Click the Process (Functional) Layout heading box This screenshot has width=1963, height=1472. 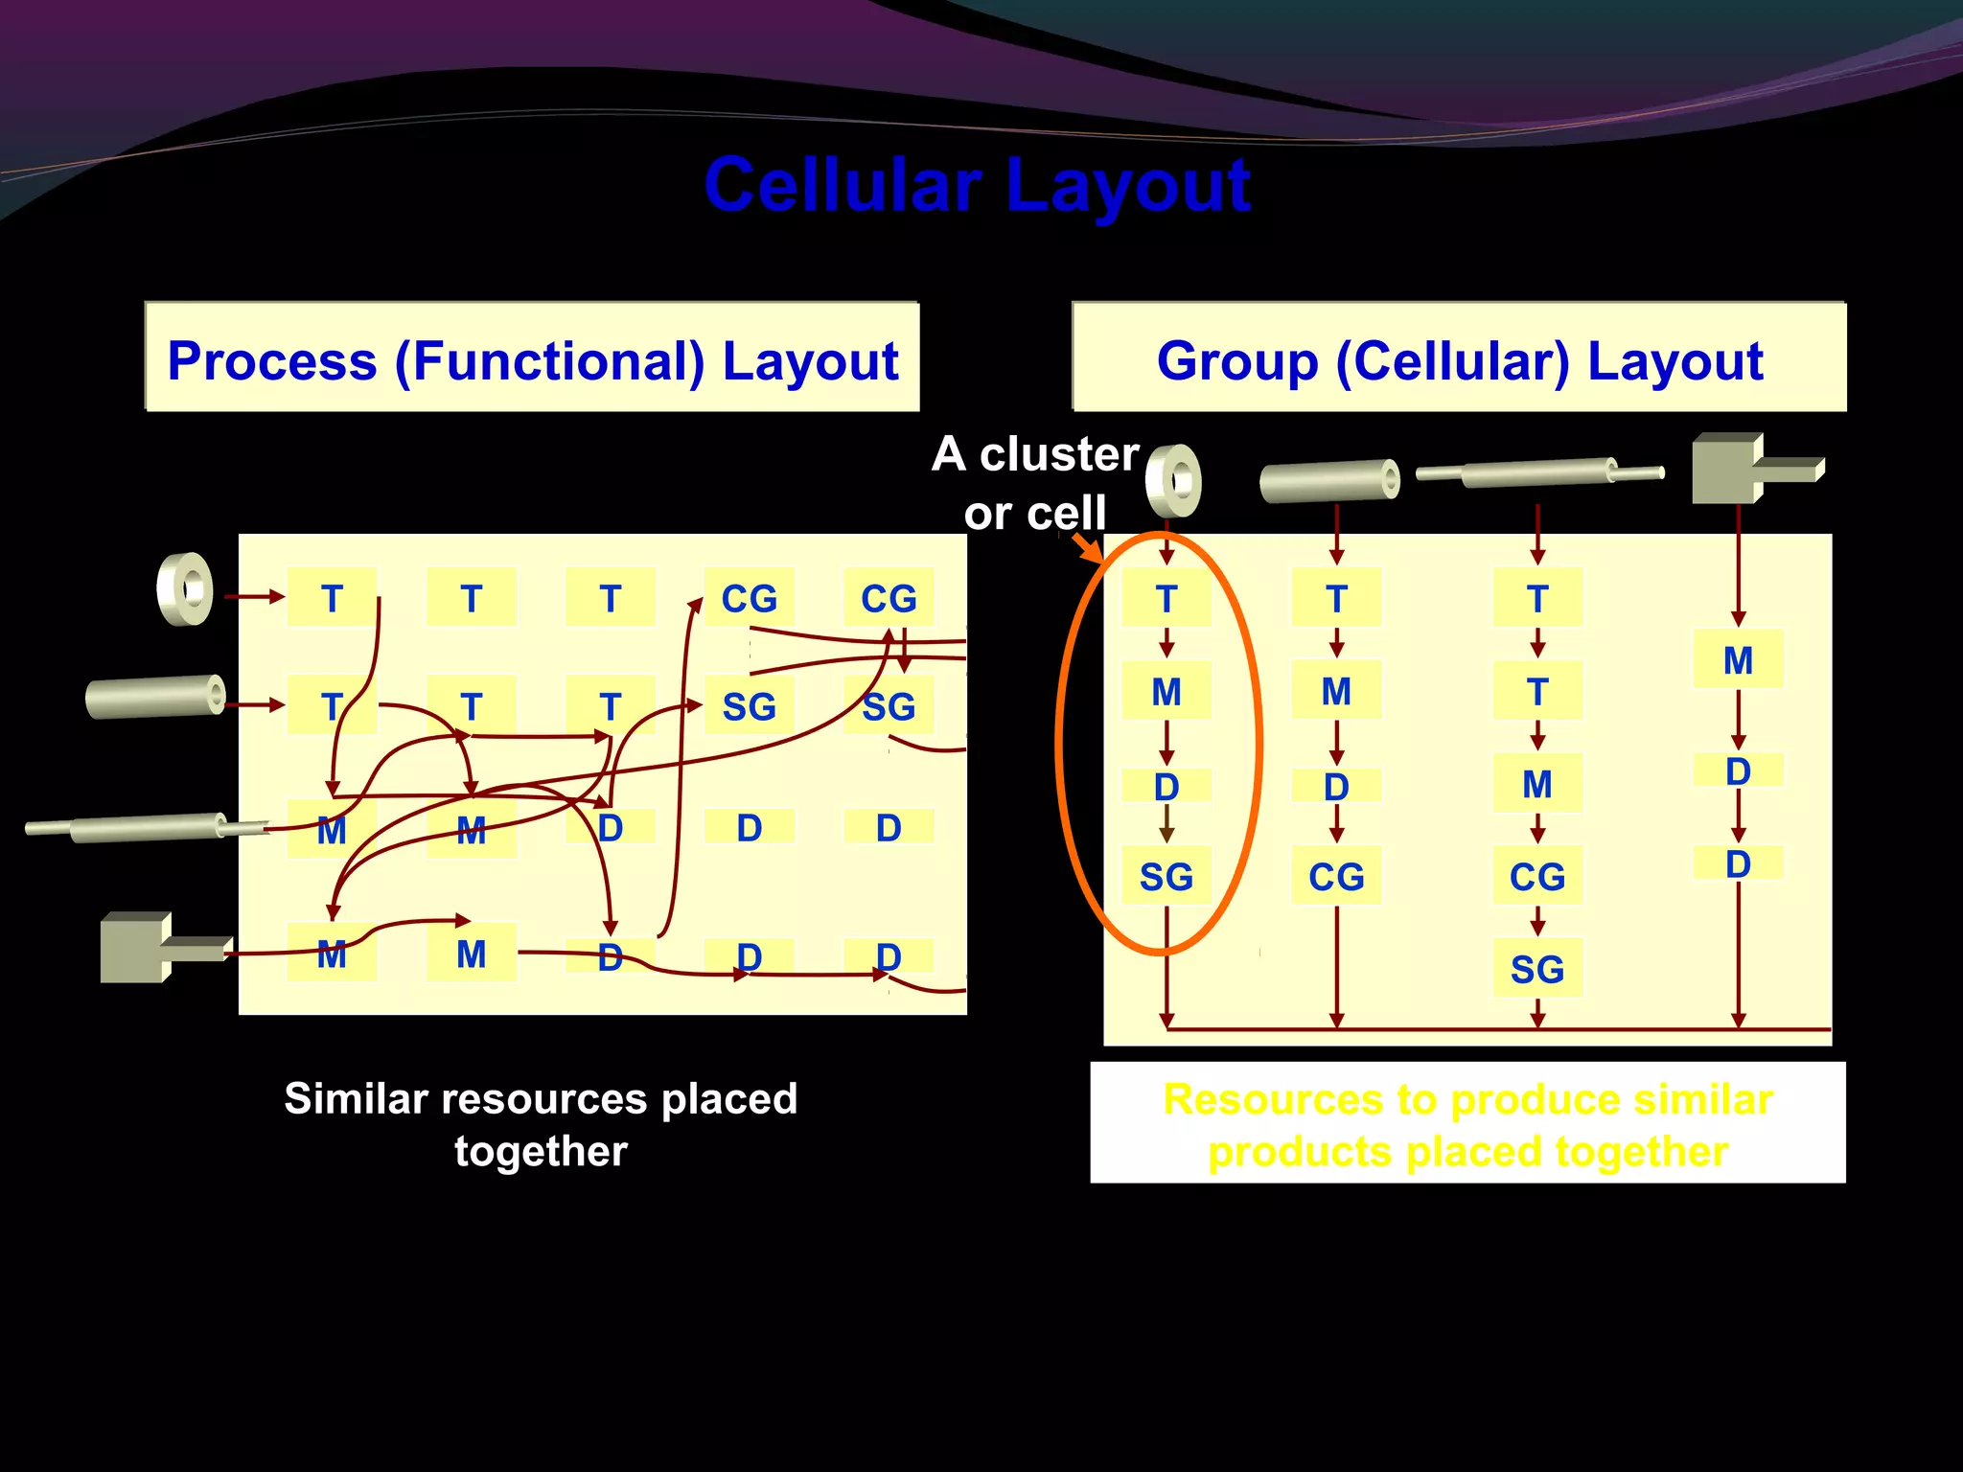click(x=532, y=359)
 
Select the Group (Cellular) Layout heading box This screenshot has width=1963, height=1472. click(x=1459, y=359)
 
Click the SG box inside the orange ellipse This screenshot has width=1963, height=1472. click(x=1166, y=876)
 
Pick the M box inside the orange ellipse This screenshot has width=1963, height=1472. click(x=1166, y=691)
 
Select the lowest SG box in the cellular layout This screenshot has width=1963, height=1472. click(x=1537, y=969)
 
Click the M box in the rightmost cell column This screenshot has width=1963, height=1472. click(x=1738, y=659)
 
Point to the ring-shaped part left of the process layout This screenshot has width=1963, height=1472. click(x=185, y=588)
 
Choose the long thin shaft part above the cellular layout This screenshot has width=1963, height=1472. click(x=1538, y=472)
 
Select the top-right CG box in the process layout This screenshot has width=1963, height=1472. click(x=889, y=598)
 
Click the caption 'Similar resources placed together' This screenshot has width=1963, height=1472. click(x=541, y=1124)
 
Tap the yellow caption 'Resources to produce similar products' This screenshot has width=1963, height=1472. click(x=1467, y=1124)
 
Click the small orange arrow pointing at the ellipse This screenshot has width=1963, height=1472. click(x=1087, y=548)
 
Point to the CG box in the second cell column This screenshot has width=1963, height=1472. click(x=1336, y=876)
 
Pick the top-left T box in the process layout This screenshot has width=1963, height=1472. click(x=332, y=598)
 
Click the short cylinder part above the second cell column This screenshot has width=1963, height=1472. click(x=1329, y=480)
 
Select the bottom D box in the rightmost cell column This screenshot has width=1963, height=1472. click(x=1738, y=863)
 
